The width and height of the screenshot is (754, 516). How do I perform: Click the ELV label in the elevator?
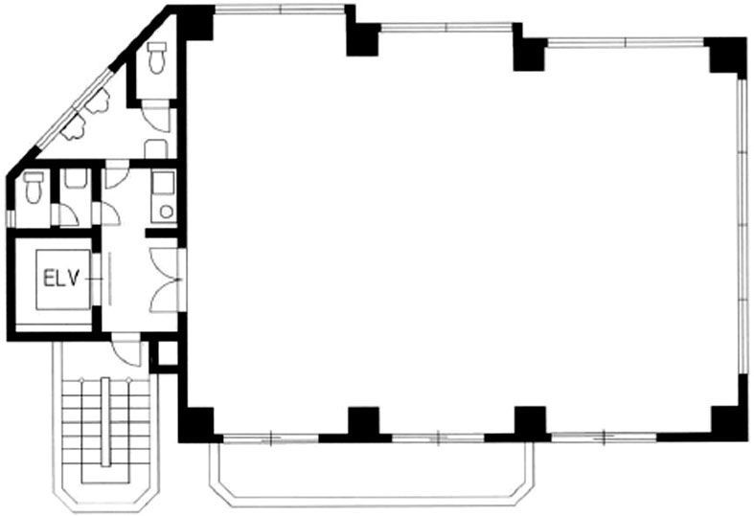[60, 280]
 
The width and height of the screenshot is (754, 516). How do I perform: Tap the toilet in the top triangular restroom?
[157, 57]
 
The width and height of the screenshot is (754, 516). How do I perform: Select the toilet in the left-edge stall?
[34, 187]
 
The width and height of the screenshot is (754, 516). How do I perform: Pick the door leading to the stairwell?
[126, 349]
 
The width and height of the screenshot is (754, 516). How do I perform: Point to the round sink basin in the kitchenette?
[167, 212]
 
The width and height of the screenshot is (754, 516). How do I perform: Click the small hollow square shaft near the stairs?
[168, 354]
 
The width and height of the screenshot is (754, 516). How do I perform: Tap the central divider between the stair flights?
[105, 422]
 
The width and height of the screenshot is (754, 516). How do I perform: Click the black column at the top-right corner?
[726, 56]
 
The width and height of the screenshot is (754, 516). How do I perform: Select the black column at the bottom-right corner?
[728, 423]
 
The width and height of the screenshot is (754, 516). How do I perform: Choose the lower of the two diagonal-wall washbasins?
[73, 127]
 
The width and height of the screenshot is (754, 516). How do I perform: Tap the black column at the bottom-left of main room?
[196, 424]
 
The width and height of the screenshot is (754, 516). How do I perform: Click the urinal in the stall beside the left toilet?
[75, 179]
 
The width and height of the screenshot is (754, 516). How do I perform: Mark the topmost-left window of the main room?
[281, 10]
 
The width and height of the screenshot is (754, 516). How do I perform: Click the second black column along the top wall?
[363, 39]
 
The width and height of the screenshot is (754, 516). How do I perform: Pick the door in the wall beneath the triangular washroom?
[117, 173]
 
